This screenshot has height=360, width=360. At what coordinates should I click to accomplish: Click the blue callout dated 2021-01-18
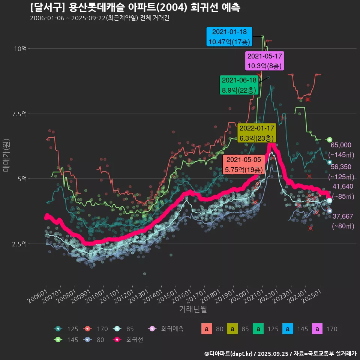(229, 37)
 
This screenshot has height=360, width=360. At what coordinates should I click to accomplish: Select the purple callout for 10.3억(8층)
(265, 61)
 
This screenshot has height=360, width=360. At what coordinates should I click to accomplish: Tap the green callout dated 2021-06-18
(239, 85)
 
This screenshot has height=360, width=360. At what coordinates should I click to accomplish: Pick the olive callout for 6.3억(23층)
(257, 133)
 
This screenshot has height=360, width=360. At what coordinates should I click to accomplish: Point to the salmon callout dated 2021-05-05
(244, 165)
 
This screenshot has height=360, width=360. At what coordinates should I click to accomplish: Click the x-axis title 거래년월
(193, 309)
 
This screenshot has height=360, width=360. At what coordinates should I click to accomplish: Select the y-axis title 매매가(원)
(6, 154)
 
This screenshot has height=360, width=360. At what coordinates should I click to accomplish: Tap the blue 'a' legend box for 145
(288, 329)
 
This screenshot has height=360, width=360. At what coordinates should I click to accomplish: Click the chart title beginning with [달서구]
(135, 7)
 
